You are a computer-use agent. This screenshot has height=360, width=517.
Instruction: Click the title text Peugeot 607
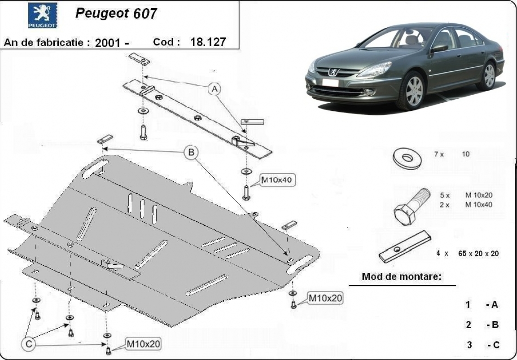point(116,13)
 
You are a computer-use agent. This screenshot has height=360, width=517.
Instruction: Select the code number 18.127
point(208,42)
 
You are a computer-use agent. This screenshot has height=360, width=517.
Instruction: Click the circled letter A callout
point(215,89)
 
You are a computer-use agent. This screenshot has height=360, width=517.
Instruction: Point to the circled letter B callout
point(191,153)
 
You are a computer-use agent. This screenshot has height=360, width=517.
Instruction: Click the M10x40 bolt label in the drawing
point(276,180)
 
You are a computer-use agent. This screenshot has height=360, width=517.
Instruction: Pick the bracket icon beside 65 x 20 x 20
point(405,248)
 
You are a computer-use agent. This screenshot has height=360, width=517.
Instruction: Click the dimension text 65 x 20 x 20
point(478,253)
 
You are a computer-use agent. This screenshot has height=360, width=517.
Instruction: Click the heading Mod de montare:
point(402,277)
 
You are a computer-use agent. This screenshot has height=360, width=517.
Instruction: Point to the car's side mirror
point(439,48)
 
